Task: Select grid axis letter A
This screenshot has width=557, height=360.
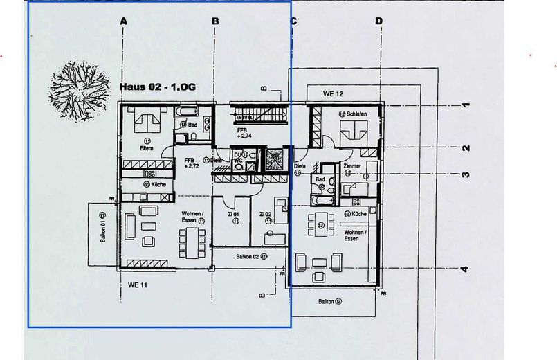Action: coord(123,21)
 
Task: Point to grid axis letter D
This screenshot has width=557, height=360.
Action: coord(378,21)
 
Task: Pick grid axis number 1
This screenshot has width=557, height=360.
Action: coord(466,105)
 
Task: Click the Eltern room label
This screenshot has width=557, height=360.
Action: coord(147,147)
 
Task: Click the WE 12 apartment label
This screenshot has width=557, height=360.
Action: coord(333,93)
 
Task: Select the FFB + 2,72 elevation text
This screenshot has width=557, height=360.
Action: coord(192,163)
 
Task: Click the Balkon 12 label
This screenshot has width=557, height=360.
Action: coord(330,302)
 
